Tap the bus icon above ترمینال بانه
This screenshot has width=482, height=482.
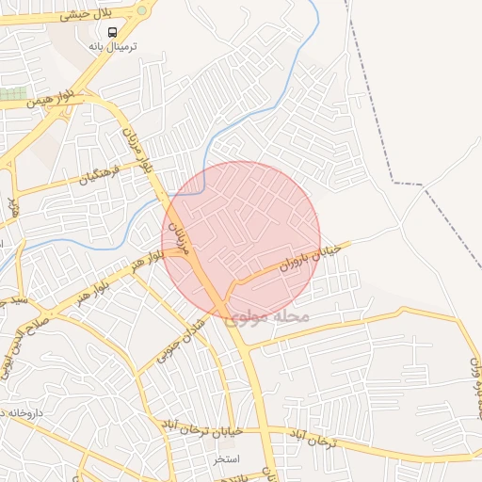(113, 32)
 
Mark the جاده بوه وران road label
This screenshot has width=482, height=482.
(474, 386)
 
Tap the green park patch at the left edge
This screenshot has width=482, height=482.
(12, 94)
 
